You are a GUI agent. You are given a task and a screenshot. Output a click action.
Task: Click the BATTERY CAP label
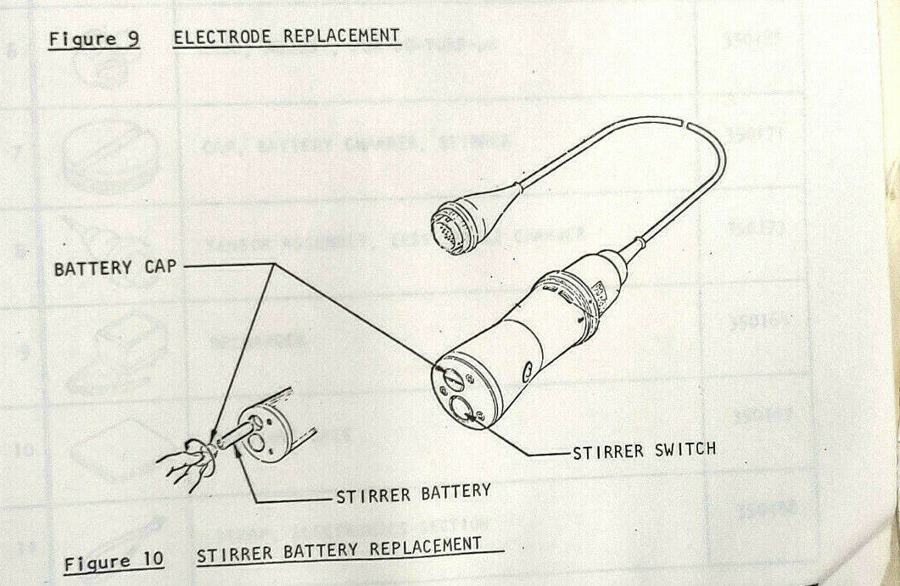point(116,268)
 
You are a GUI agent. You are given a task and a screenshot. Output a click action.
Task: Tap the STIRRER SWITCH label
point(644,449)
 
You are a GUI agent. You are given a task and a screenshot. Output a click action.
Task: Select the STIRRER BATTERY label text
point(413,492)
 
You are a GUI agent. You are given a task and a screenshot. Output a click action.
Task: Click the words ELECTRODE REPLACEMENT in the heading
point(286,36)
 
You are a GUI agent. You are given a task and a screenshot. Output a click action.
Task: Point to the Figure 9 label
point(93,39)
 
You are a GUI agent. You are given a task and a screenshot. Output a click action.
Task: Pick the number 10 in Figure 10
point(153,560)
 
